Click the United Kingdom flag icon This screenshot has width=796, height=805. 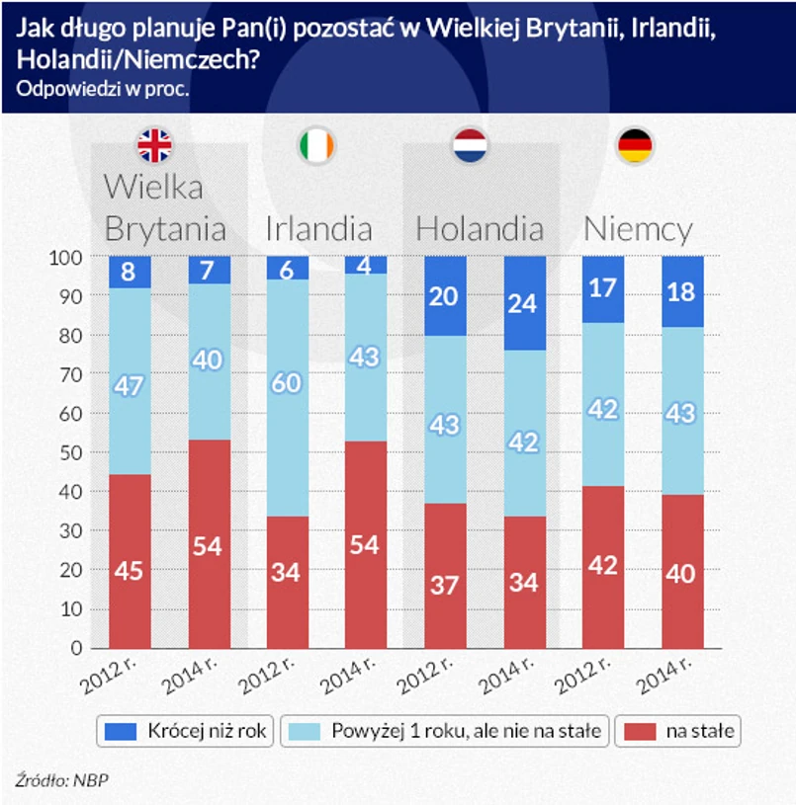click(x=154, y=146)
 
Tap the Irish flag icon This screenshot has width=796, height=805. click(x=316, y=146)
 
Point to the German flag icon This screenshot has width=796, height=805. click(x=634, y=146)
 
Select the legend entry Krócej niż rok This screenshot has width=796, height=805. click(x=187, y=732)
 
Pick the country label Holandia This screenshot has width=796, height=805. click(x=480, y=229)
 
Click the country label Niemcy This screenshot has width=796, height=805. click(x=638, y=229)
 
